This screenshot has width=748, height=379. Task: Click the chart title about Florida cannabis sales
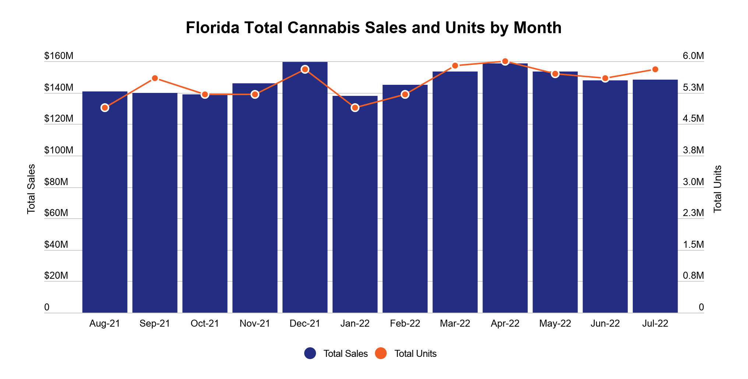[x=373, y=28]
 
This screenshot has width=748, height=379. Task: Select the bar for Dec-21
[x=305, y=187]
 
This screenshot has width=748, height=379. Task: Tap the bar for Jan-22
[x=355, y=204]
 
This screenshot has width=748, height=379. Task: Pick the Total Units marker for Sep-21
[x=155, y=78]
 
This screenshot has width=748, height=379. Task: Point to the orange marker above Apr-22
[x=505, y=62]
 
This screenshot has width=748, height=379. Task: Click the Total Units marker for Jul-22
[x=655, y=69]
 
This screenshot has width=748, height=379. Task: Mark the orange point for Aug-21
[x=105, y=108]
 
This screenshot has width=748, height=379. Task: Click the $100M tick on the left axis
[x=59, y=150]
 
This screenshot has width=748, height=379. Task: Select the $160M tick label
[x=59, y=56]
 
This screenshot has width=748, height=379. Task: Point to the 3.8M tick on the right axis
[x=693, y=150]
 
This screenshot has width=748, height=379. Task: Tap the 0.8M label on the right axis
[x=693, y=276]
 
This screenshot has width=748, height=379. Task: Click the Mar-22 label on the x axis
[x=455, y=324]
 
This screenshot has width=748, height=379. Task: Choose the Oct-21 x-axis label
[x=205, y=324]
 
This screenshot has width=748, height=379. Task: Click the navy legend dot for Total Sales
[x=310, y=353]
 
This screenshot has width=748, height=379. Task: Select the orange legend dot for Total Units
[x=381, y=353]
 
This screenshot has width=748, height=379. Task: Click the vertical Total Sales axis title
[x=31, y=189]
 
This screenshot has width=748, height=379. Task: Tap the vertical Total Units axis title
[x=717, y=189]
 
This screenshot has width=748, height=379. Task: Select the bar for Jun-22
[x=605, y=197]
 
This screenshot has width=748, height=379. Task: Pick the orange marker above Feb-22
[x=405, y=94]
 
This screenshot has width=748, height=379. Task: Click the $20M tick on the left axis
[x=56, y=276]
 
